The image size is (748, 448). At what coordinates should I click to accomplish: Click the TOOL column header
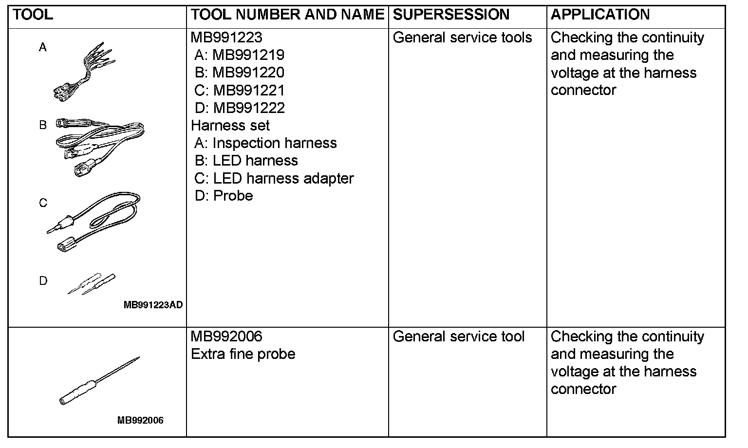[33, 15]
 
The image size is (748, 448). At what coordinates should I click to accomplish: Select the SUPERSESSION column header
[451, 15]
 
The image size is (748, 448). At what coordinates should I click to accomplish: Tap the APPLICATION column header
[600, 15]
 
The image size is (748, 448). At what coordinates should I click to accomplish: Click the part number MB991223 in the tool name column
[226, 37]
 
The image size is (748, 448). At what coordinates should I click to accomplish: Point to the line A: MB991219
[239, 55]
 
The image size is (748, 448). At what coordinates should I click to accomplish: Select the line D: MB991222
[240, 108]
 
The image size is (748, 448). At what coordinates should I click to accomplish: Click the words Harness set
[230, 125]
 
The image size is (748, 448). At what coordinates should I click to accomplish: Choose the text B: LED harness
[246, 160]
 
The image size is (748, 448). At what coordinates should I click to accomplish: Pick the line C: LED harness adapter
[274, 178]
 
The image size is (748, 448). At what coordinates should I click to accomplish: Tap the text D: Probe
[224, 196]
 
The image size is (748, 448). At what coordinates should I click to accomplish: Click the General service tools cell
[462, 37]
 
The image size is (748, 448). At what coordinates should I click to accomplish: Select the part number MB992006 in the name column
[226, 336]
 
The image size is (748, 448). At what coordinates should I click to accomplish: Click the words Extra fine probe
[243, 354]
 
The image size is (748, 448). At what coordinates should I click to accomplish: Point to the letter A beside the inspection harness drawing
[43, 47]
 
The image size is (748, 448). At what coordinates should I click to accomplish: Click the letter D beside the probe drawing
[43, 281]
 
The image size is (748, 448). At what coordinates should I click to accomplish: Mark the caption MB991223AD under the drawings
[153, 305]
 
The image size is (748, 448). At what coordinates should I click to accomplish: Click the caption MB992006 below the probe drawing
[140, 420]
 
